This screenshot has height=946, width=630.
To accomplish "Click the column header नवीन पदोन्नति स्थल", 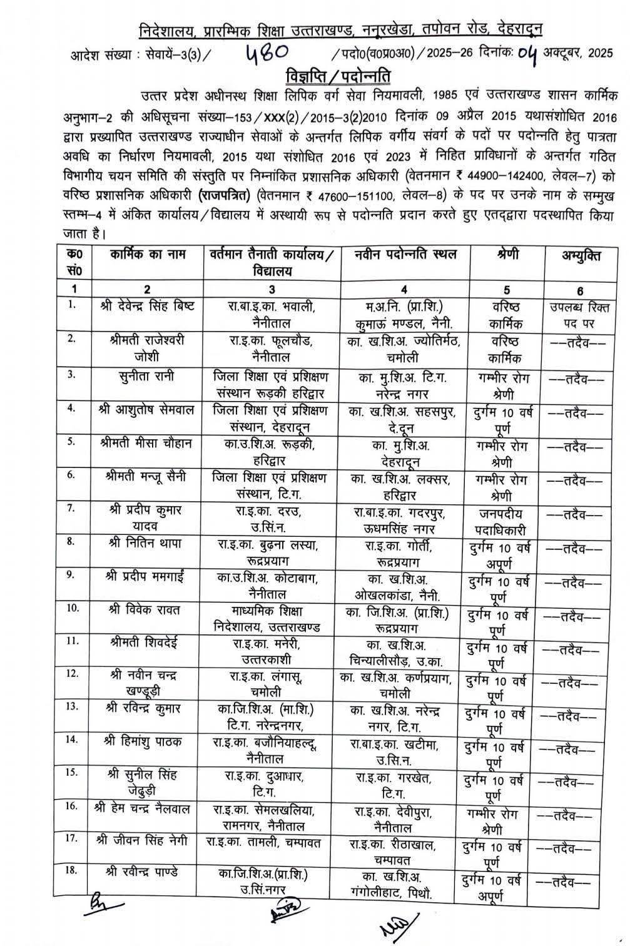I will (x=405, y=254).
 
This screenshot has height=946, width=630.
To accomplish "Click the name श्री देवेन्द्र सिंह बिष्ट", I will (x=148, y=307).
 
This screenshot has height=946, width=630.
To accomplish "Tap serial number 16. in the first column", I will (x=73, y=806).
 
